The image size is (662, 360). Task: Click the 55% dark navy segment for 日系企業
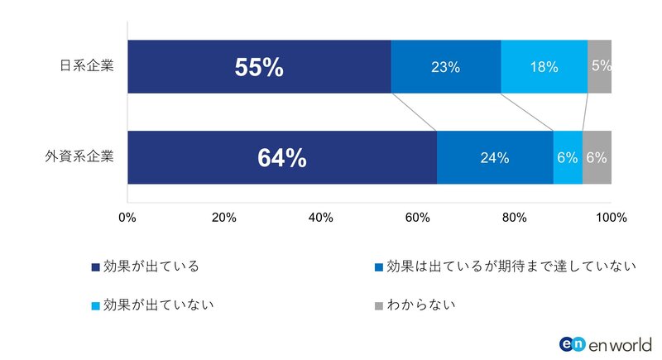(259, 67)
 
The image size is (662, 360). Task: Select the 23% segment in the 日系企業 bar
(445, 67)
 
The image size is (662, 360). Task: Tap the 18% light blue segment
(544, 67)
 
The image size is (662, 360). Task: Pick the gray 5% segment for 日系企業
(599, 67)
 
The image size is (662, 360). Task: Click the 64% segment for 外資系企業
(281, 157)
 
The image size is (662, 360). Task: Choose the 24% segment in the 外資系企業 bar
(494, 157)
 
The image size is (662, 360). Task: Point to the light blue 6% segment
(568, 157)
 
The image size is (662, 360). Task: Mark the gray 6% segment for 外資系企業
(597, 157)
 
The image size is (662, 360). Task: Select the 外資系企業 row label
(82, 156)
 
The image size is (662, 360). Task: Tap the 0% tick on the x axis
(127, 218)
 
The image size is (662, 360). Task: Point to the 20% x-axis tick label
(224, 218)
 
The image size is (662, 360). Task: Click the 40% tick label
(321, 218)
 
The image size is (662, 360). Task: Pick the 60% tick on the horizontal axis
(418, 218)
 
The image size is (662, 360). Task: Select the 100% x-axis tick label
(611, 218)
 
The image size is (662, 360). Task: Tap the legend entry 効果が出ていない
(152, 305)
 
